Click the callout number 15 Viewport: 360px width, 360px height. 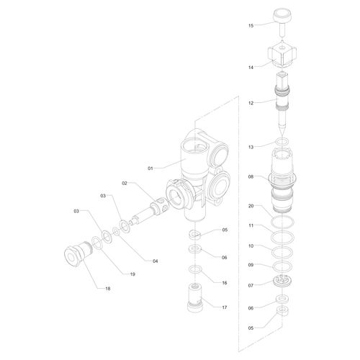tap(251, 25)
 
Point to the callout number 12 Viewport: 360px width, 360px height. tap(251, 103)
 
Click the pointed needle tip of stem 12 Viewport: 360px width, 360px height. tap(282, 135)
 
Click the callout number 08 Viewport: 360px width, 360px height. tap(251, 177)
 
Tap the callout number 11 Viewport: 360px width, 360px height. tap(251, 225)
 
